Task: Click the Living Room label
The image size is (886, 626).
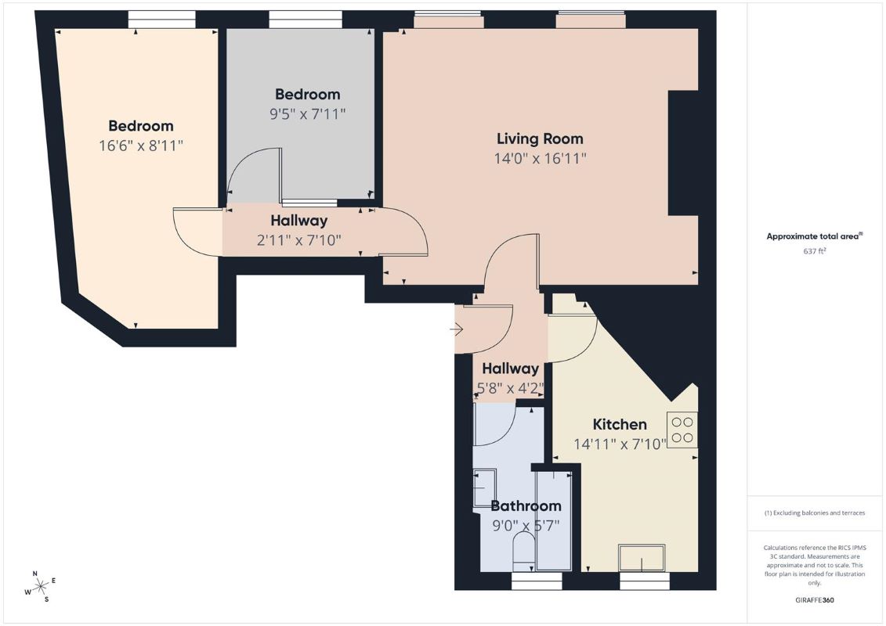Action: click(540, 139)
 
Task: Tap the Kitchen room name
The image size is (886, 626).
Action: click(620, 424)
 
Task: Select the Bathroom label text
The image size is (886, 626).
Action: click(526, 505)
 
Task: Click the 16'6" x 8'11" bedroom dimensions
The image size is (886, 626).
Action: click(141, 146)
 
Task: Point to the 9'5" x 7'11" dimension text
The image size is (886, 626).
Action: click(307, 114)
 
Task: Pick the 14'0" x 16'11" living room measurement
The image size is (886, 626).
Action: click(540, 158)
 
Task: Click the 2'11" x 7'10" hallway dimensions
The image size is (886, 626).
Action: click(299, 240)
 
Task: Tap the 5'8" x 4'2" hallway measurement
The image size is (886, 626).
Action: click(510, 388)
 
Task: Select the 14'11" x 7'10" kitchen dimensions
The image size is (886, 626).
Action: click(620, 444)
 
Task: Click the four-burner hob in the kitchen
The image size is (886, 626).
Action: click(682, 430)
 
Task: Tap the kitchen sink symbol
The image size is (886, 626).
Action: click(642, 558)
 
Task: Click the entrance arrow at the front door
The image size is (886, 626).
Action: click(457, 329)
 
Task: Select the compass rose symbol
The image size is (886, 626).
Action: click(40, 587)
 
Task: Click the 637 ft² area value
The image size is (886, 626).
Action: click(814, 251)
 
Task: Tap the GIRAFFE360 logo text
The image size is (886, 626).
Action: click(814, 600)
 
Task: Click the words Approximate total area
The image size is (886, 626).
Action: click(812, 236)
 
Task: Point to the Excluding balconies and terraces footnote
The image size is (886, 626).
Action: click(814, 513)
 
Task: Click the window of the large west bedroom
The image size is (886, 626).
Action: click(161, 20)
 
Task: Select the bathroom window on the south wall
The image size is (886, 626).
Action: click(537, 581)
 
